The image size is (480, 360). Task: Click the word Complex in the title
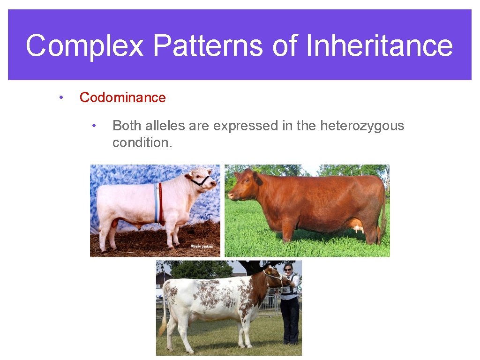tap(84, 46)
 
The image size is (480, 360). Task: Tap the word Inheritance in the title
tap(379, 46)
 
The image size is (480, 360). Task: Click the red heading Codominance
tap(122, 97)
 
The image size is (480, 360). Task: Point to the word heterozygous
tap(362, 126)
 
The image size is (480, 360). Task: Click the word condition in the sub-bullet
tap(141, 142)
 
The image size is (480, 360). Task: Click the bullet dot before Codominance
tap(60, 97)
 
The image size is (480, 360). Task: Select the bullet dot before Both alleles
tap(94, 126)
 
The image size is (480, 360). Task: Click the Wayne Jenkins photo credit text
tap(202, 246)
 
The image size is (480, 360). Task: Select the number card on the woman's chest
tap(285, 290)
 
